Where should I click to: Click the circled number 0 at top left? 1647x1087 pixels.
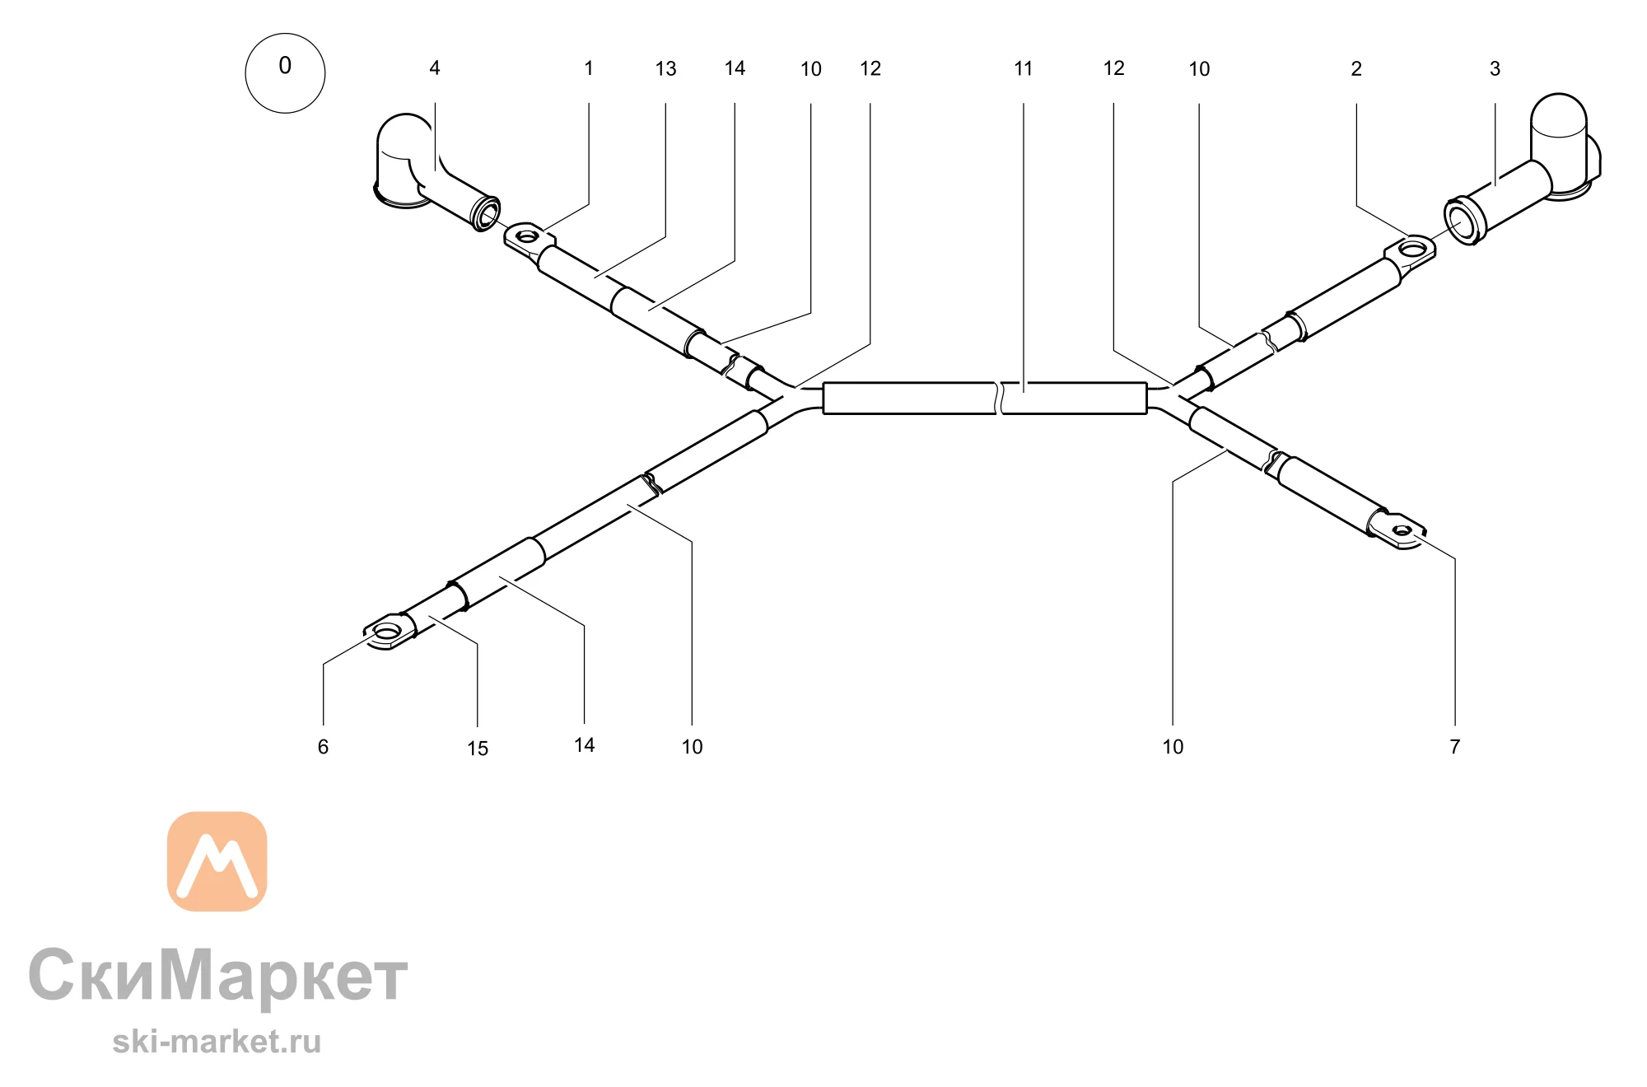[x=285, y=73]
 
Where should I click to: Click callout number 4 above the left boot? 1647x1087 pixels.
[x=435, y=68]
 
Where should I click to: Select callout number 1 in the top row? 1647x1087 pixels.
[x=589, y=68]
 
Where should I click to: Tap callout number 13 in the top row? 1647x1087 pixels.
[x=665, y=69]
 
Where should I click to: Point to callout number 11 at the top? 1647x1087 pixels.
[x=1023, y=68]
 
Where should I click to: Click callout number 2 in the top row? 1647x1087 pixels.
[x=1356, y=69]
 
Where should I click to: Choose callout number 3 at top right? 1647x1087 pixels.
[x=1495, y=69]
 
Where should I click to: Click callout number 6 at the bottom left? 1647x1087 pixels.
[x=323, y=747]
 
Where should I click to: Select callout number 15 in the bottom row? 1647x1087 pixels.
[x=478, y=749]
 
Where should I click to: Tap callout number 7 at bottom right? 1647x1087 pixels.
[x=1455, y=747]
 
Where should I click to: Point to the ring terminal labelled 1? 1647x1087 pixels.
[x=527, y=239]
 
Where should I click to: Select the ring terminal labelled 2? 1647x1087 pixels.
[x=1412, y=250]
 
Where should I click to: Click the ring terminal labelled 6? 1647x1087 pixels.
[x=389, y=632]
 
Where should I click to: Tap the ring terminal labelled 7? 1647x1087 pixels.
[x=1398, y=530]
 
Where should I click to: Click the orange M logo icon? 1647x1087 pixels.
[x=217, y=861]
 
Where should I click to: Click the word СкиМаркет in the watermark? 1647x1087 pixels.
[x=218, y=976]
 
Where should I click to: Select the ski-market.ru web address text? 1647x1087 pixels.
[x=217, y=1043]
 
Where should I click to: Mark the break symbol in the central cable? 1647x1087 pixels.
[x=999, y=398]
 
